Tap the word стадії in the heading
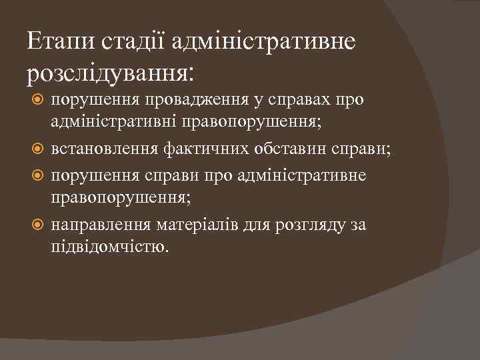[x=134, y=42]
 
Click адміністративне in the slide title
[x=264, y=42]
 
